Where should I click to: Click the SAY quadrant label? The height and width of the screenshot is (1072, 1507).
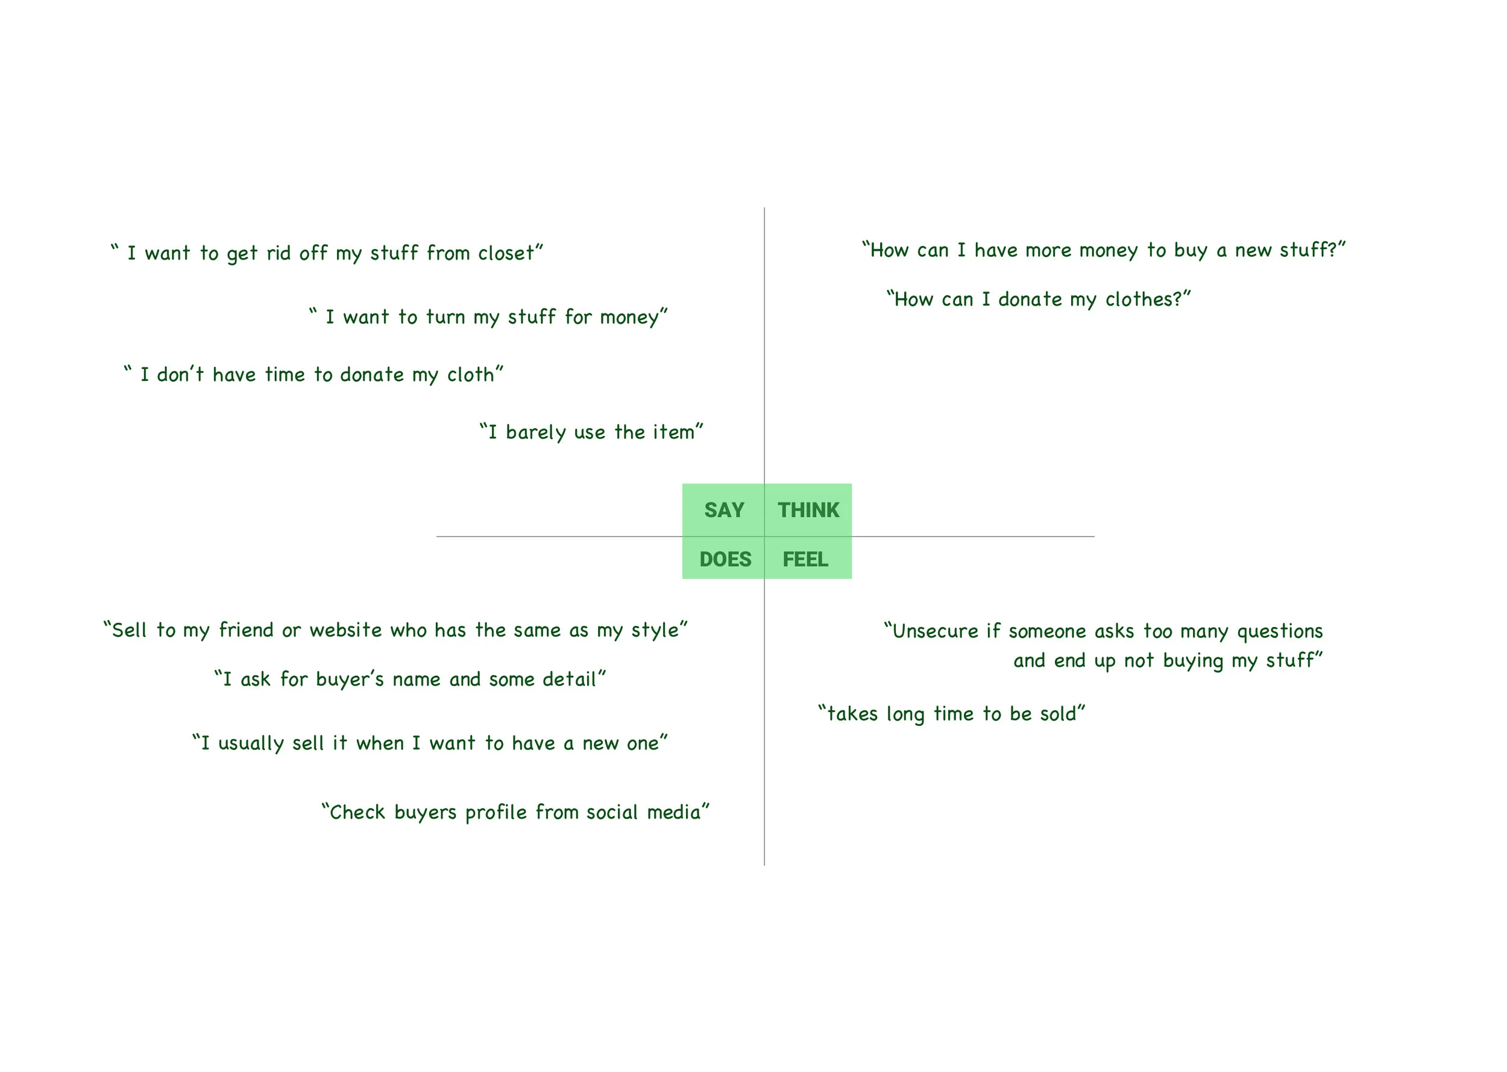click(724, 510)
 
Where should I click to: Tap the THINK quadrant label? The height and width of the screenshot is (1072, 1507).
click(808, 510)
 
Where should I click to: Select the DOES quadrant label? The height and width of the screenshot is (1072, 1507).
click(725, 560)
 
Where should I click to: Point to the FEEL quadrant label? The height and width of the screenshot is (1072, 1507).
click(805, 560)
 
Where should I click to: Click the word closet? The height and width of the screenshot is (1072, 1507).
click(506, 253)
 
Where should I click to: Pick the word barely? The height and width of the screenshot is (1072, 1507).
click(536, 433)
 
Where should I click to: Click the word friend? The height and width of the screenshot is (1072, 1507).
click(246, 631)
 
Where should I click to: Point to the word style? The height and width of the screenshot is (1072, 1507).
click(655, 631)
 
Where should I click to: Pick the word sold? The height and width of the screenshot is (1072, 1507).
click(1059, 714)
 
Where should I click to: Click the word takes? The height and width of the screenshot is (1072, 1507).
click(852, 714)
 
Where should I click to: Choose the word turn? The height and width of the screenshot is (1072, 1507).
click(445, 318)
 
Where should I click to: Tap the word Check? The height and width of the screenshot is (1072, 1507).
click(357, 813)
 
